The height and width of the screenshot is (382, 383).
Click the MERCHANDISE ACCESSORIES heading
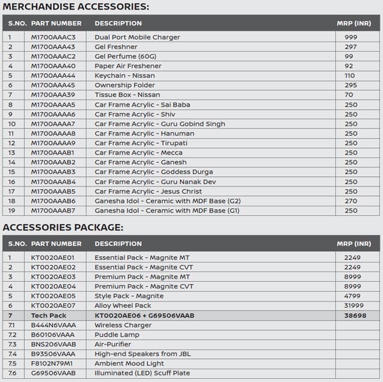[76, 7]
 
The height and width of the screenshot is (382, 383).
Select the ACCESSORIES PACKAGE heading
[63, 227]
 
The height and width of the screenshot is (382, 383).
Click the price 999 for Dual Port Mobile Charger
[350, 37]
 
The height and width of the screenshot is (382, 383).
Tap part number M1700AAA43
[53, 47]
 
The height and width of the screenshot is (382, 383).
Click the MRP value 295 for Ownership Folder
[350, 85]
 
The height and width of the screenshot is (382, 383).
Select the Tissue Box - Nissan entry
[127, 95]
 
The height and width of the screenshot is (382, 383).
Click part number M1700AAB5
[53, 191]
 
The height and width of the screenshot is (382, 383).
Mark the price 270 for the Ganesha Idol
[350, 201]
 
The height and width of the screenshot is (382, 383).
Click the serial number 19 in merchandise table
[10, 210]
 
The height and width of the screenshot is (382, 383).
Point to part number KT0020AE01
[53, 257]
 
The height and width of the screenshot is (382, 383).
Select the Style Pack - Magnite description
[129, 296]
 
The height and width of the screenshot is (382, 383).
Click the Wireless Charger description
[123, 325]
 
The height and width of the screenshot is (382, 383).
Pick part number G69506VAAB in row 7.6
[53, 373]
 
